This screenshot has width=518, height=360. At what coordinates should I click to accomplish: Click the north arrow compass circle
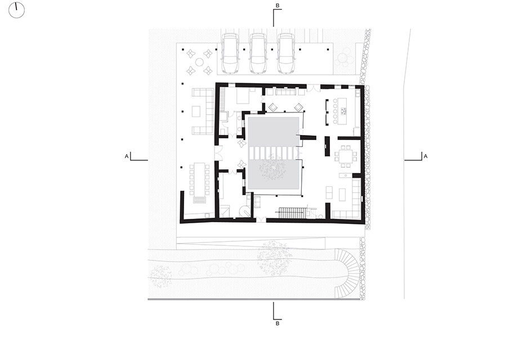[16, 10]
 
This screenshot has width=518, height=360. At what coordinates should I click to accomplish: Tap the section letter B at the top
[278, 5]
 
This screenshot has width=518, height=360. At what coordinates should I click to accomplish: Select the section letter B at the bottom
[278, 323]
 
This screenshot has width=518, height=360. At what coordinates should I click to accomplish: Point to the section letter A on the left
[127, 156]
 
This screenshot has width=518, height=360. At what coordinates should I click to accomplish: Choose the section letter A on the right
[426, 156]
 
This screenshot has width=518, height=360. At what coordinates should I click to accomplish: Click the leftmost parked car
[230, 53]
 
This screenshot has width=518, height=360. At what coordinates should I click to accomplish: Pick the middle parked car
[258, 53]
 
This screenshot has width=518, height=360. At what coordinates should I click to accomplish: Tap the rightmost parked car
[286, 53]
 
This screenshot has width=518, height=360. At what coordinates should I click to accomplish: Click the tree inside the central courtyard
[273, 168]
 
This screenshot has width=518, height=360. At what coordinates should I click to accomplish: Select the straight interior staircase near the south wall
[292, 213]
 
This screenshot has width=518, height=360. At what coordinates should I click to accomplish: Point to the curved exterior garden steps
[347, 273]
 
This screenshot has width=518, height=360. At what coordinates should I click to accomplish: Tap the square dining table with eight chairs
[346, 155]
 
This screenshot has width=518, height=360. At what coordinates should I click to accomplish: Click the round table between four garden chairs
[199, 62]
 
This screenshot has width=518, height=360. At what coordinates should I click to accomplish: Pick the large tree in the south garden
[274, 258]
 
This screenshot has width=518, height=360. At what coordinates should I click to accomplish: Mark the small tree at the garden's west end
[160, 276]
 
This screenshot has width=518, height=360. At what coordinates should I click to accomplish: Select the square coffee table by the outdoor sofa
[197, 111]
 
